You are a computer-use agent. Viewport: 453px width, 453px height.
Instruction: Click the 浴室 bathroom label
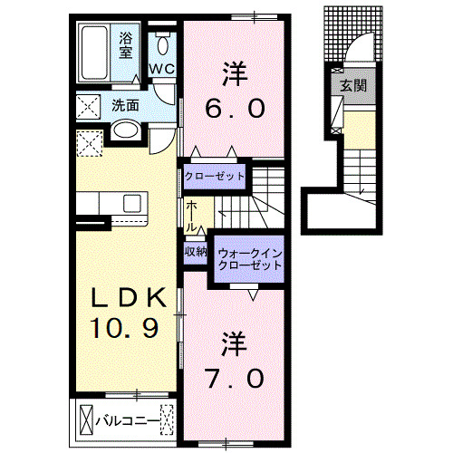click(127, 45)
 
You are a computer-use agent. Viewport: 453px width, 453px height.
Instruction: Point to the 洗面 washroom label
click(125, 105)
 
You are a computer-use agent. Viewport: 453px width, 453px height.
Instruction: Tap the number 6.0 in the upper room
click(235, 108)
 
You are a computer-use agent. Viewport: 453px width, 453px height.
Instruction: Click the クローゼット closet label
click(215, 175)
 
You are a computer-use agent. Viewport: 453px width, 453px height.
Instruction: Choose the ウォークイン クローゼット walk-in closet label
click(247, 259)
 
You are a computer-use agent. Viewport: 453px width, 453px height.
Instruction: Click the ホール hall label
click(193, 217)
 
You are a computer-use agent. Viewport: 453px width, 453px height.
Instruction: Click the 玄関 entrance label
click(352, 85)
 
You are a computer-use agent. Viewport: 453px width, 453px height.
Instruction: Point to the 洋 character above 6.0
click(234, 70)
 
